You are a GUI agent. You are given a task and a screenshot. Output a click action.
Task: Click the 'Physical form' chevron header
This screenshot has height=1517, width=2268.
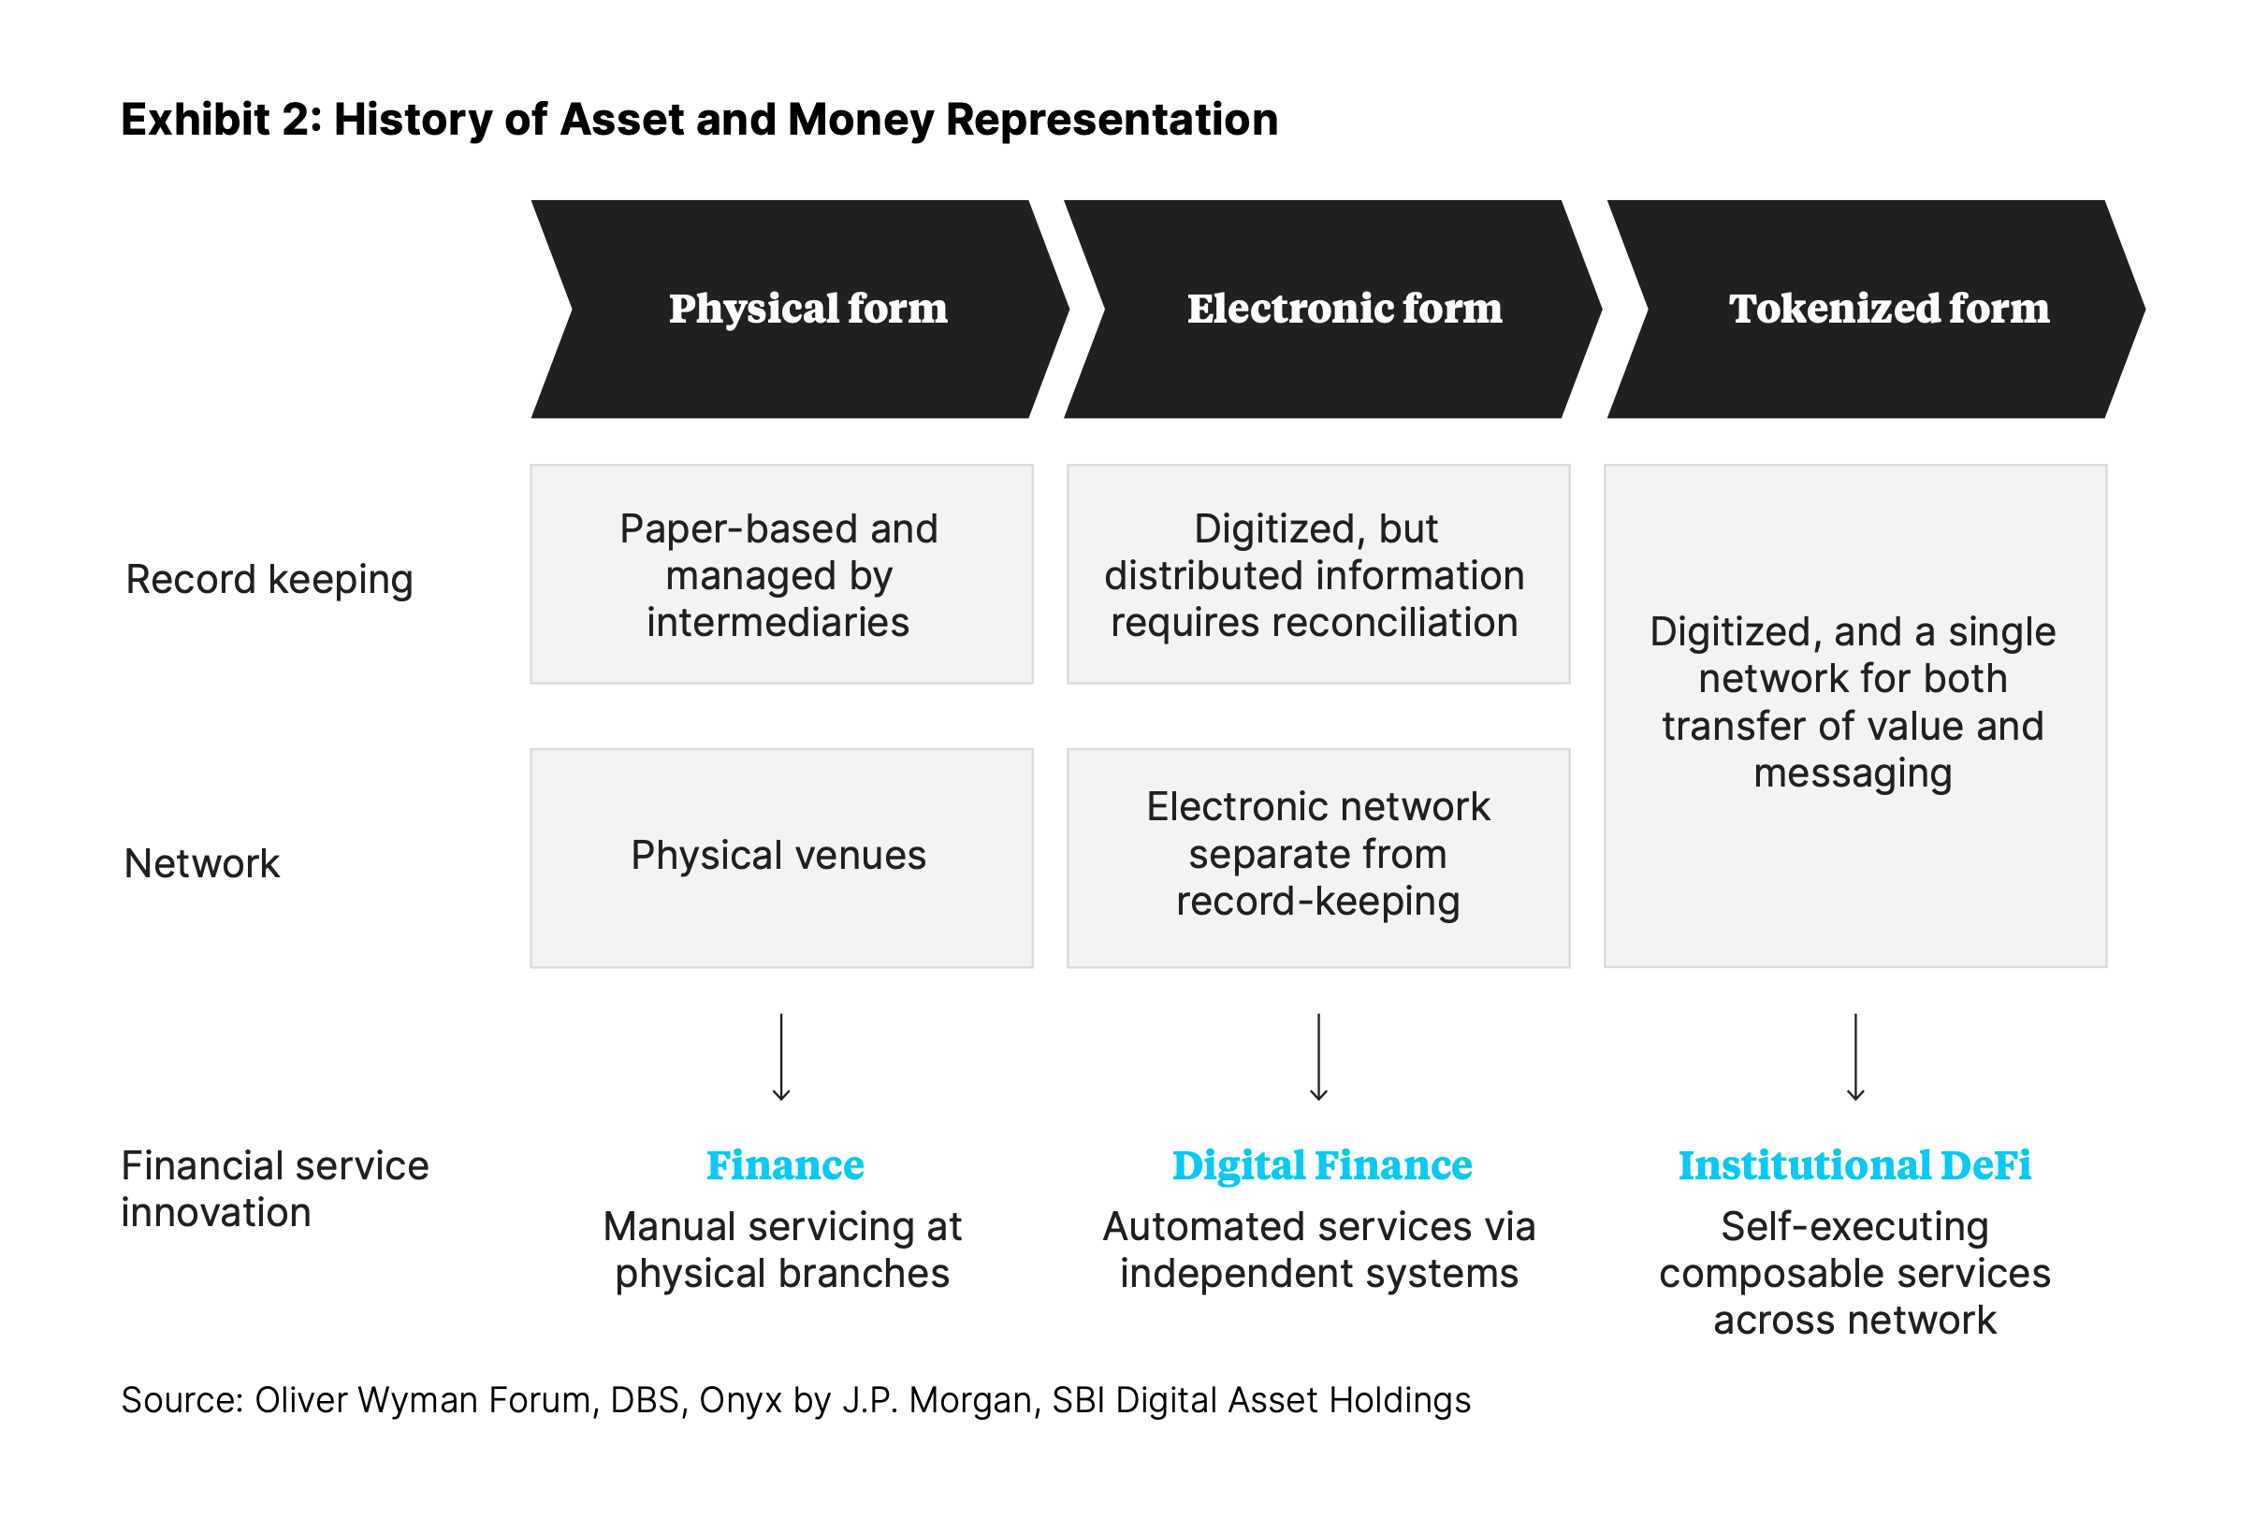(807, 309)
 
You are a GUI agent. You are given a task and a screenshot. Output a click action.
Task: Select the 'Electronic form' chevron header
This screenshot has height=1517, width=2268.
(1343, 309)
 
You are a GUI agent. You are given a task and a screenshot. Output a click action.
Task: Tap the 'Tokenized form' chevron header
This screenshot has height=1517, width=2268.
(1887, 309)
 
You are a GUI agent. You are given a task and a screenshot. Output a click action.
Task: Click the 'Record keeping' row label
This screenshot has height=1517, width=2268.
(269, 580)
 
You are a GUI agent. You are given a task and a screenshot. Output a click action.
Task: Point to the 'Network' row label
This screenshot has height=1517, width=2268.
(201, 863)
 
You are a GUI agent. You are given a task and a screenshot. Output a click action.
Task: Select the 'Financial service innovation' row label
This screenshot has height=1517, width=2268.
(274, 1189)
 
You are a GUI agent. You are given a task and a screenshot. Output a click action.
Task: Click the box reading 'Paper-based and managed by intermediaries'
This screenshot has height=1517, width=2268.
(781, 574)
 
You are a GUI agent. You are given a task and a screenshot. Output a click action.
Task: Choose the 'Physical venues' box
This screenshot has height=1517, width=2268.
(781, 858)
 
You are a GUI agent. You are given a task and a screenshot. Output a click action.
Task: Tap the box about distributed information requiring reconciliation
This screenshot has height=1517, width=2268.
(1316, 574)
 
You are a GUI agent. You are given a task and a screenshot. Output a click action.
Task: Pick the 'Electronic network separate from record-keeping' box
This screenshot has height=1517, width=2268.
(1316, 858)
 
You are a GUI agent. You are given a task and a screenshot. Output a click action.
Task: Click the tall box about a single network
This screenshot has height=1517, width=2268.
(1854, 715)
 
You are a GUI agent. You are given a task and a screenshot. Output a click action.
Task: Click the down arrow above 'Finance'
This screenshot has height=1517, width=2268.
(781, 1057)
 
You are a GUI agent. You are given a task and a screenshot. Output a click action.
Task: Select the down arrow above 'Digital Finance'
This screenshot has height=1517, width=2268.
(1317, 1057)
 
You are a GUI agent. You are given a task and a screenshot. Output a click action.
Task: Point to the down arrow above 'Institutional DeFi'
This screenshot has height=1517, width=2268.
(1854, 1057)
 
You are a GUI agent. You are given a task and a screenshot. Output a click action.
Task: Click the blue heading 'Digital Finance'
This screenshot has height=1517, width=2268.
(1322, 1164)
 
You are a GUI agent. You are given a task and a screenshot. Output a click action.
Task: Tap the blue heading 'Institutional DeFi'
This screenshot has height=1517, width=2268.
(1854, 1164)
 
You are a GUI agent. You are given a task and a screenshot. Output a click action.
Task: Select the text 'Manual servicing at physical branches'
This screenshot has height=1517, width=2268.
(782, 1250)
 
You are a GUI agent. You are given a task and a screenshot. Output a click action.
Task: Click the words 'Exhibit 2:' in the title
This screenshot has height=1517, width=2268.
(221, 120)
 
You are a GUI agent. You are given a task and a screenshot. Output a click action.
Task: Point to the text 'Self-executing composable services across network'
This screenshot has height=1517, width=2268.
(1854, 1273)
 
